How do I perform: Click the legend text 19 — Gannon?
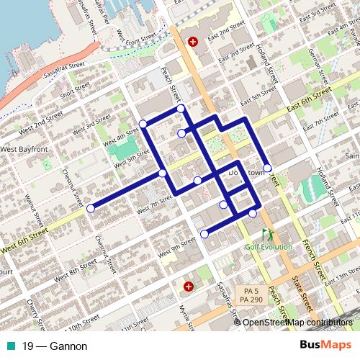pyautogui.click(x=55, y=346)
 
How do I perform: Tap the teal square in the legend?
pyautogui.click(x=9, y=346)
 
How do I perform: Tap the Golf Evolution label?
pyautogui.click(x=268, y=247)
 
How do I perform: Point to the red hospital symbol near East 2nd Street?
pyautogui.click(x=192, y=42)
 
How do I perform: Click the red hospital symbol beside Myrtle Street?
pyautogui.click(x=188, y=286)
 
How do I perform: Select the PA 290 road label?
pyautogui.click(x=251, y=299)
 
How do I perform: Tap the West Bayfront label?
pyautogui.click(x=24, y=149)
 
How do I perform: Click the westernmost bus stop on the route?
pyautogui.click(x=91, y=208)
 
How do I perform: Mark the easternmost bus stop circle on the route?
pyautogui.click(x=267, y=168)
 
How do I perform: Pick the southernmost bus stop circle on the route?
pyautogui.click(x=204, y=233)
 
